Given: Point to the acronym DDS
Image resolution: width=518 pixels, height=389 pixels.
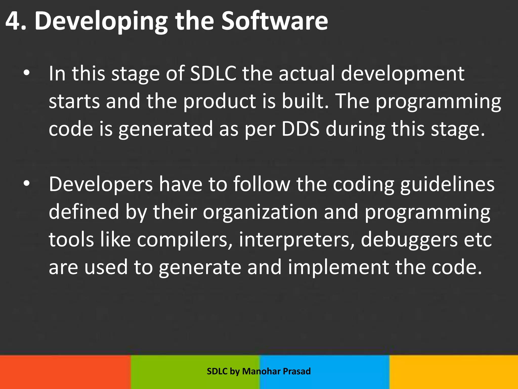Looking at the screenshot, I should [x=300, y=129].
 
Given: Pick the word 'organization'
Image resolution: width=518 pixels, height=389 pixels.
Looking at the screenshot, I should [x=260, y=212].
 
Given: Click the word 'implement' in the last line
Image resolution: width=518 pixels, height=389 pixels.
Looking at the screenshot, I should [x=338, y=268].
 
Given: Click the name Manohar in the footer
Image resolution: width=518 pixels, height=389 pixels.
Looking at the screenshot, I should [x=262, y=371].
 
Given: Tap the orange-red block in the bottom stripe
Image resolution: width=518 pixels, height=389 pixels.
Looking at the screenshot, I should [x=65, y=372].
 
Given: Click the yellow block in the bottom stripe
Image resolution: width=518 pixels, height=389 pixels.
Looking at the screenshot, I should [x=454, y=372].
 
